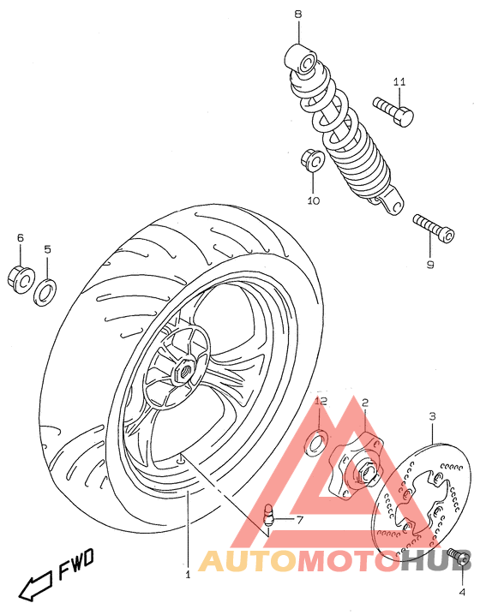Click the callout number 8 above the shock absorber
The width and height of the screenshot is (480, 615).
tap(298, 15)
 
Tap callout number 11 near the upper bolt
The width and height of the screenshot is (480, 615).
tap(399, 82)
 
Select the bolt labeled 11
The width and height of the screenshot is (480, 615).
tap(393, 110)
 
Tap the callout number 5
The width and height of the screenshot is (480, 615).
tap(47, 249)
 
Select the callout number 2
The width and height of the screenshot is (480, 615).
tap(364, 402)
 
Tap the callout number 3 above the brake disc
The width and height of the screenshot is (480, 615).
tap(432, 416)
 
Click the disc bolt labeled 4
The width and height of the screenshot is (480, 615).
tap(460, 558)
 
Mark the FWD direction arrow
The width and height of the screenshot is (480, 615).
tap(37, 584)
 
